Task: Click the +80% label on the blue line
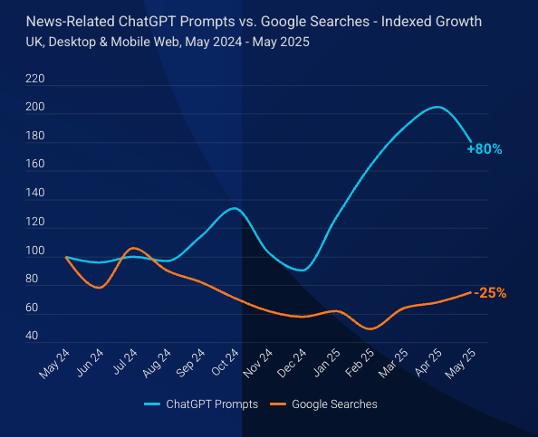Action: point(485,149)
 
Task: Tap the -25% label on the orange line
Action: point(489,293)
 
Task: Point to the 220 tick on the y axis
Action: point(35,80)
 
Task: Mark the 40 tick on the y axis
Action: point(32,336)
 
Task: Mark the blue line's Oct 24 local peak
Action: point(234,209)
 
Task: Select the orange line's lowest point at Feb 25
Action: point(370,328)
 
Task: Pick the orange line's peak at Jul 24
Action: point(133,248)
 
